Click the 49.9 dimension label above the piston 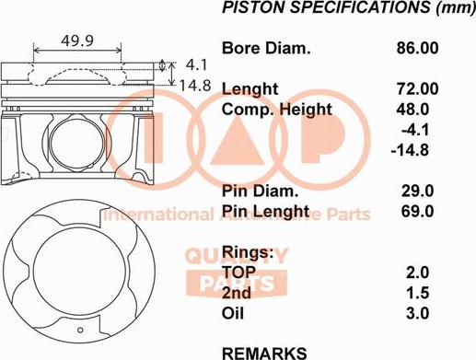pyautogui.click(x=77, y=41)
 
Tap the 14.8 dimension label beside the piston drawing pyautogui.click(x=195, y=86)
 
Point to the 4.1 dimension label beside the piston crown pyautogui.click(x=196, y=65)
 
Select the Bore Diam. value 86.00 pyautogui.click(x=417, y=48)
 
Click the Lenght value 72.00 pyautogui.click(x=417, y=89)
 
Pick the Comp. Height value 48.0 pyautogui.click(x=412, y=110)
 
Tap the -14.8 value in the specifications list pyautogui.click(x=410, y=150)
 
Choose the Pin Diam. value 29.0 pyautogui.click(x=417, y=191)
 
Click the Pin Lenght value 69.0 pyautogui.click(x=417, y=211)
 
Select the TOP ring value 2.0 pyautogui.click(x=417, y=273)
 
